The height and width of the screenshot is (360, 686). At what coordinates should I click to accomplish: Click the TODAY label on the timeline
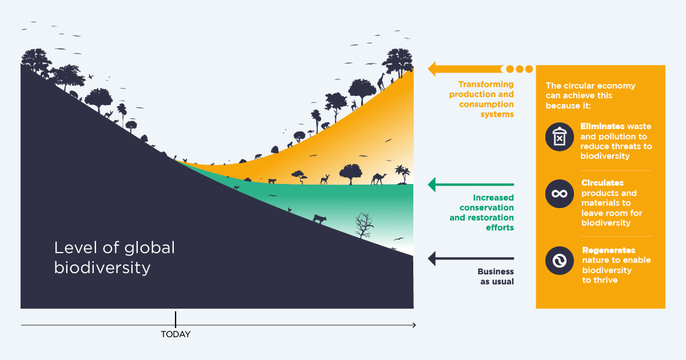176,334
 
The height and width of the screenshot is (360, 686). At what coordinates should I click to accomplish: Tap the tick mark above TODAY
176,319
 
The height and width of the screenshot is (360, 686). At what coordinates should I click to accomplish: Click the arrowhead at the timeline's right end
413,325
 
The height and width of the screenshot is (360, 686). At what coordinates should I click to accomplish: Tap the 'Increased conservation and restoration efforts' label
485,213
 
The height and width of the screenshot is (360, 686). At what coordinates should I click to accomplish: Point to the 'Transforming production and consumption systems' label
485,99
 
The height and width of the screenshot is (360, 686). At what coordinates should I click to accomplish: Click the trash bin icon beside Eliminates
559,137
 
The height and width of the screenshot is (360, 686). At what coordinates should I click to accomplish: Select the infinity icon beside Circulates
559,194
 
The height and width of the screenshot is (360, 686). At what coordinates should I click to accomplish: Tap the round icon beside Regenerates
559,261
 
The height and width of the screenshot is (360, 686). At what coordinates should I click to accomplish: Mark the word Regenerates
608,251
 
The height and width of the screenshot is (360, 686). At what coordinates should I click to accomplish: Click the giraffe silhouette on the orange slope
381,82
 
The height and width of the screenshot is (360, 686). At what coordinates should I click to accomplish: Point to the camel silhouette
379,178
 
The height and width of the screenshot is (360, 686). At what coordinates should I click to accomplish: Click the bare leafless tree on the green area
363,225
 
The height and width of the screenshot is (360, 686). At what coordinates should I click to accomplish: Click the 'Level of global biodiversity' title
114,257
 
